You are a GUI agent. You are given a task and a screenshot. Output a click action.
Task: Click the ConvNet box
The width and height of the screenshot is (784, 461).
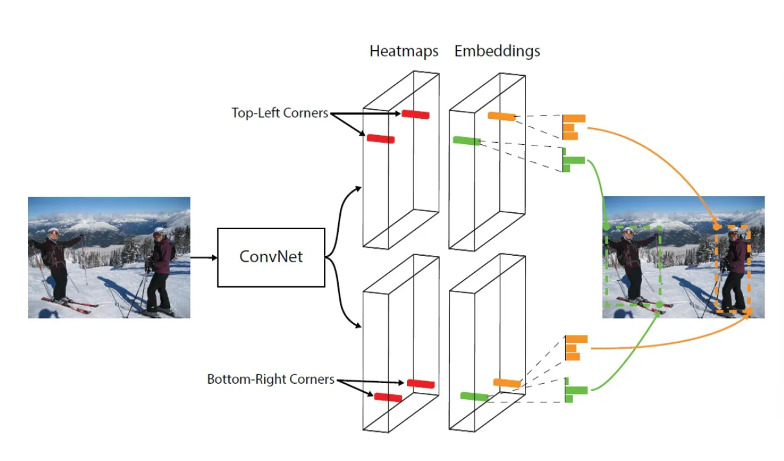click(271, 257)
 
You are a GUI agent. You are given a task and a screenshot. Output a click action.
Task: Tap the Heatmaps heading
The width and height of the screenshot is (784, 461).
click(404, 51)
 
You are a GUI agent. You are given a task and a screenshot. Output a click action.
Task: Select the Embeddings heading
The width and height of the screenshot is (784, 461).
click(497, 51)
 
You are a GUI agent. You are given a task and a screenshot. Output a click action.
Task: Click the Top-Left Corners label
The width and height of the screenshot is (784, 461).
click(280, 113)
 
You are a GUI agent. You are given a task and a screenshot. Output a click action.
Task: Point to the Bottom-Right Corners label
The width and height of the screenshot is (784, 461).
click(271, 379)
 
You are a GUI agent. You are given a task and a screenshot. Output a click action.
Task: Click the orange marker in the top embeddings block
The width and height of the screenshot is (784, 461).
click(502, 116)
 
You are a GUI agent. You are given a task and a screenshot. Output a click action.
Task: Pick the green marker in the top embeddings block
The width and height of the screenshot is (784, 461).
click(467, 140)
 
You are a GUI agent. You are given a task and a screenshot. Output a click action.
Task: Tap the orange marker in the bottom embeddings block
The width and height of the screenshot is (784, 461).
click(507, 383)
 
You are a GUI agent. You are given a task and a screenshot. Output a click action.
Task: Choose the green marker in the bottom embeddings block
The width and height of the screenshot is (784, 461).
click(474, 396)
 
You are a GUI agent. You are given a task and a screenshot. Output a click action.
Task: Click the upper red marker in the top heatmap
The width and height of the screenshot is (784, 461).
click(415, 114)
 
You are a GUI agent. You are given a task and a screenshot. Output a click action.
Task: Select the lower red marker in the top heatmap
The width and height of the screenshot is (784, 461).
click(380, 138)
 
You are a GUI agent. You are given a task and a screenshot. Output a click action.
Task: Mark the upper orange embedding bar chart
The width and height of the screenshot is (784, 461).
click(573, 127)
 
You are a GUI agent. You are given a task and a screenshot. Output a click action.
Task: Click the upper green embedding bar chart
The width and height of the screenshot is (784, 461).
click(573, 160)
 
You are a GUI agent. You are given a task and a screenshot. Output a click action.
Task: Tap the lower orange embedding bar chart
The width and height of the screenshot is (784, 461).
click(575, 348)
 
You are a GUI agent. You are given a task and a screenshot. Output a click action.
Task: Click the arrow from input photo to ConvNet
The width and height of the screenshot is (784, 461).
click(204, 258)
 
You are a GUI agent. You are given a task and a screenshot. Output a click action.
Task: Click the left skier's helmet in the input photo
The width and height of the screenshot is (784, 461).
click(53, 231)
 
